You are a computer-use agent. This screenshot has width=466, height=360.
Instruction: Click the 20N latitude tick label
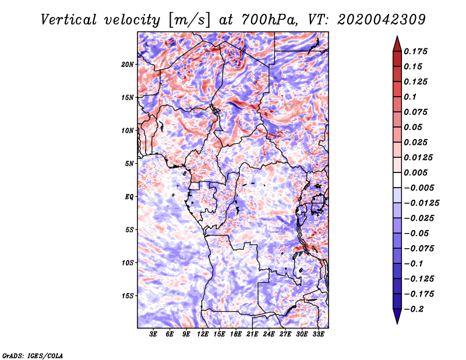[x=128, y=64]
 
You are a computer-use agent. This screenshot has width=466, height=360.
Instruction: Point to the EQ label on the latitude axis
[x=129, y=197]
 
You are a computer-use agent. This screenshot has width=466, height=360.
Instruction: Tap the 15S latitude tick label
[x=128, y=296]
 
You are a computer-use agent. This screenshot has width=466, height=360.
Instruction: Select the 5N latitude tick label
[x=129, y=164]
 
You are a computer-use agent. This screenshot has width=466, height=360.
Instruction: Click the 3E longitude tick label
[x=154, y=334]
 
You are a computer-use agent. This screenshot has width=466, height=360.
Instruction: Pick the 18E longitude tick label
[x=236, y=334]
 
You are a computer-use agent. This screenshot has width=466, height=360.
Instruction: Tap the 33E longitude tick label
[x=318, y=334]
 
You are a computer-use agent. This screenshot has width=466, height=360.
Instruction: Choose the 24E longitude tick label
[x=269, y=334]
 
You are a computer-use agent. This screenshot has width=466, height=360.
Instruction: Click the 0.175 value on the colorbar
[x=417, y=51]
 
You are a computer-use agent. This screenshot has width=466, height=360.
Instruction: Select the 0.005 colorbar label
[x=417, y=172]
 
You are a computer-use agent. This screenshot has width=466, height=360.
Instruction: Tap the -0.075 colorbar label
[x=421, y=248]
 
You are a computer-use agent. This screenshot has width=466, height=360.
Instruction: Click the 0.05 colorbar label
[x=414, y=127]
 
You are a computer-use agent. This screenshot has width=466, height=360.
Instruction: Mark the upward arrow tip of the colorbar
[x=396, y=37]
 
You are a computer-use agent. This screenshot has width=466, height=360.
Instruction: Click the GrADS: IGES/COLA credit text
[x=32, y=355]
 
